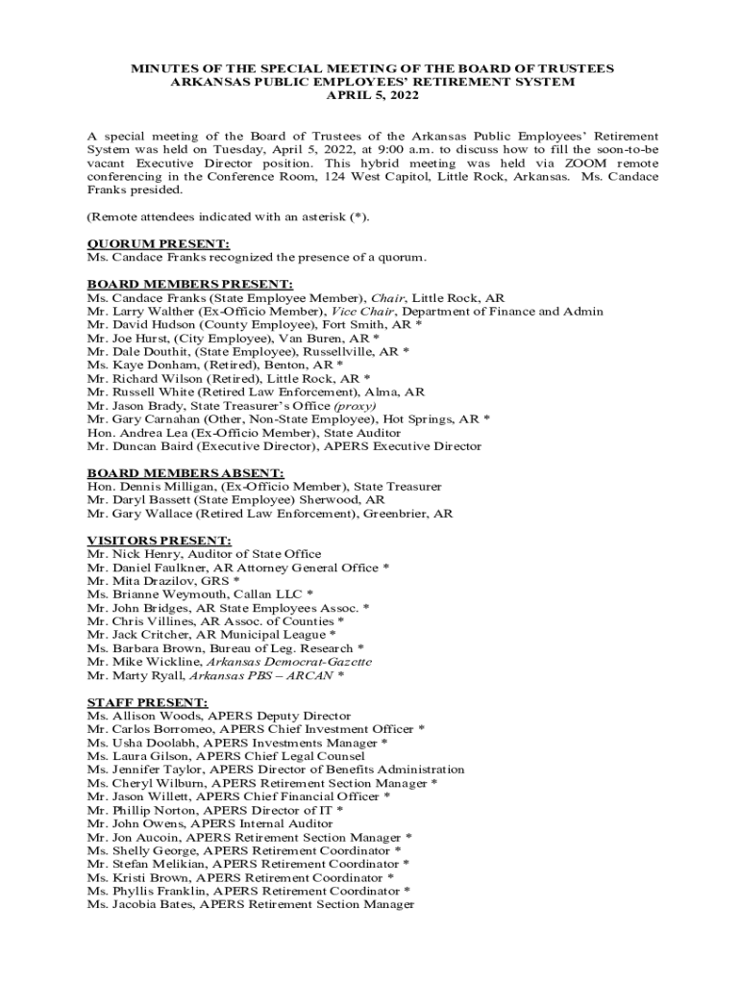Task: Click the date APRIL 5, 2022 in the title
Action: tap(370, 96)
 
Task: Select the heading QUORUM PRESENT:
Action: tap(159, 244)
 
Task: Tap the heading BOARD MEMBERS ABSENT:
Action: tap(185, 473)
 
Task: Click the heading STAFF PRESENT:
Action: tap(147, 702)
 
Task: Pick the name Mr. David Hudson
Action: tap(132, 325)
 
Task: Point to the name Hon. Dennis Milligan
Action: tap(142, 487)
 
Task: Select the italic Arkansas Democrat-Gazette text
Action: tap(290, 662)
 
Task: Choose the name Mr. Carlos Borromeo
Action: tap(143, 729)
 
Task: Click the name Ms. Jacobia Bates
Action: tap(138, 904)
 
